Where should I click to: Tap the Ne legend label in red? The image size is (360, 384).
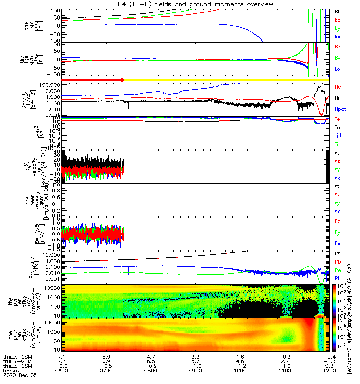[338, 87]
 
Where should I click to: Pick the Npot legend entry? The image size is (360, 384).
[339, 109]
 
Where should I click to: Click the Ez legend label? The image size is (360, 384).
[338, 222]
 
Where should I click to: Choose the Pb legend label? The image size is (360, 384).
[338, 262]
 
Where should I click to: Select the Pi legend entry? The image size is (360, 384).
[338, 278]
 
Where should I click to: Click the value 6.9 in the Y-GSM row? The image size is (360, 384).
[106, 361]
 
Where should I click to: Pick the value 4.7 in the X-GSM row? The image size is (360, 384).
[151, 357]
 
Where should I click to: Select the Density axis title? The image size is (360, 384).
[24, 98]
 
